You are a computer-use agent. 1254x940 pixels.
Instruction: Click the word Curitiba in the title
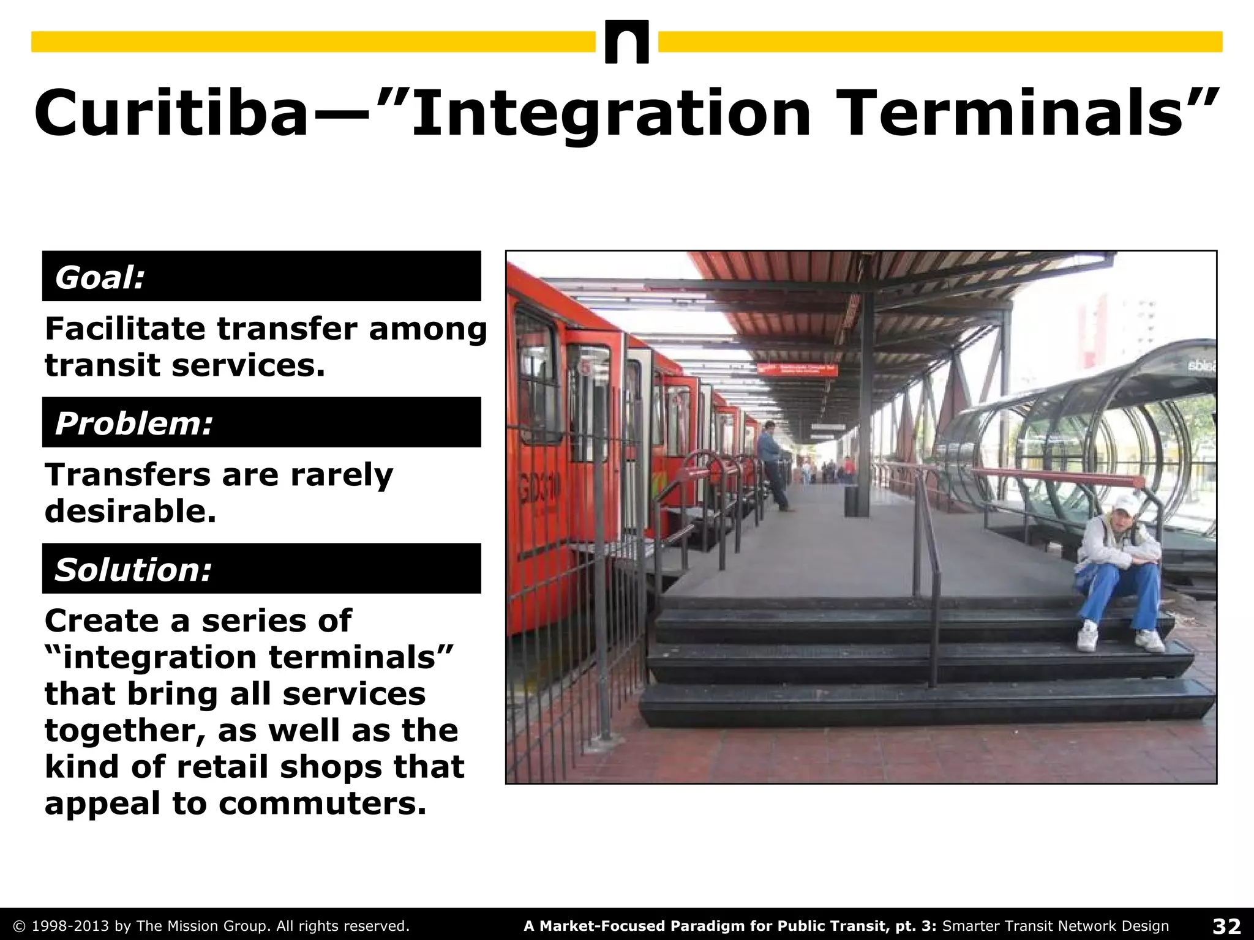(x=171, y=114)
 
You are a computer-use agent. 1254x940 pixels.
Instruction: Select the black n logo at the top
(x=626, y=42)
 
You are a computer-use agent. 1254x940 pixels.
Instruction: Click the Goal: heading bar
(x=261, y=277)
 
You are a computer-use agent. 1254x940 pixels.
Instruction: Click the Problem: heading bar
(x=261, y=422)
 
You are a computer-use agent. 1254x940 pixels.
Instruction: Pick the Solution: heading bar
(x=261, y=569)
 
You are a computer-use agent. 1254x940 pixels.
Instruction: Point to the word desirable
(x=130, y=510)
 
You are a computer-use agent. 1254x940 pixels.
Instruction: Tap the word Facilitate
(x=125, y=329)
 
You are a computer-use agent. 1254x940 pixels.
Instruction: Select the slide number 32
(x=1226, y=926)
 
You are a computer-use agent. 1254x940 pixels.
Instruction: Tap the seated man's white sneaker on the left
(x=1087, y=637)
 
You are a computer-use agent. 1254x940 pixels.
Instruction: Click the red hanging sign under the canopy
(x=797, y=369)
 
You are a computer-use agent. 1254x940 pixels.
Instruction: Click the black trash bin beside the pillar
(x=852, y=500)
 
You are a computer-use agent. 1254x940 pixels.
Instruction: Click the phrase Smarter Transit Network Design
(x=1056, y=926)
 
